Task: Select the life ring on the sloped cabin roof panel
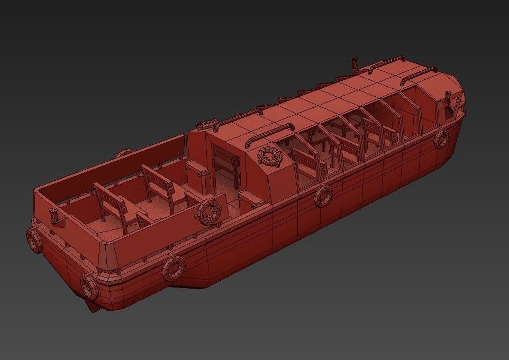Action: click(x=269, y=156)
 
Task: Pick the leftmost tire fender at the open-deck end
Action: click(x=34, y=239)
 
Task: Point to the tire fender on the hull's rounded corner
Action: click(x=89, y=286)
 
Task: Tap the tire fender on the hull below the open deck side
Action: click(x=172, y=267)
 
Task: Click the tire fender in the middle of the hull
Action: click(x=323, y=196)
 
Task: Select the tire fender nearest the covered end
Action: click(x=441, y=139)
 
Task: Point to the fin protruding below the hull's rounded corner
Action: click(x=91, y=306)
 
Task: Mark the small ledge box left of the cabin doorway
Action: click(x=197, y=169)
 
